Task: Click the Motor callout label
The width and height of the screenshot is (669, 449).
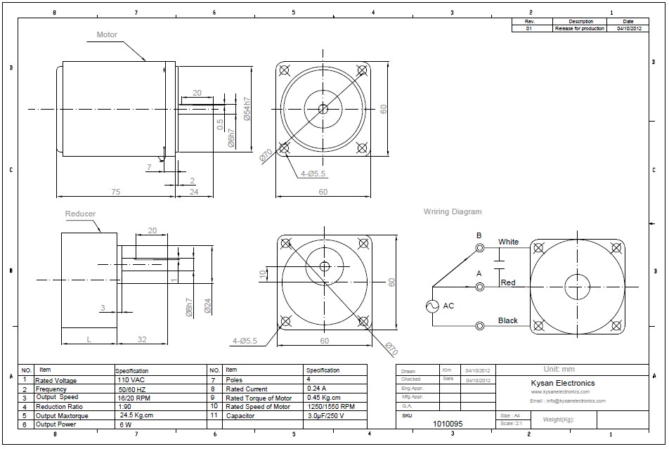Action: click(107, 34)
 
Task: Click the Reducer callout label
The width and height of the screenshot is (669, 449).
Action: click(80, 214)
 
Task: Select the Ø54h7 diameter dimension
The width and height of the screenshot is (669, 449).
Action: click(247, 109)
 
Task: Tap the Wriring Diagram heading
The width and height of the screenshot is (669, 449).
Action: click(453, 212)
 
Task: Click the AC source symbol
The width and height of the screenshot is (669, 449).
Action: click(432, 306)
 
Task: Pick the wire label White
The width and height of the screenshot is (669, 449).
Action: click(508, 242)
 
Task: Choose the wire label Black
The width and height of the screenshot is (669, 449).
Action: click(507, 320)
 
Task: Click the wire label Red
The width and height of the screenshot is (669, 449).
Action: click(508, 282)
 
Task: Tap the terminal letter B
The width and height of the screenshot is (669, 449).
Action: click(479, 235)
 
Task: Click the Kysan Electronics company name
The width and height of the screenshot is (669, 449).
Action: click(562, 383)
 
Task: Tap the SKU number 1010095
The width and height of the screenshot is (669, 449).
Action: click(448, 424)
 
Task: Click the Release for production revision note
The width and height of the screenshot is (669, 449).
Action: click(579, 29)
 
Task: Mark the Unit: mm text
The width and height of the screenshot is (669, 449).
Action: click(559, 369)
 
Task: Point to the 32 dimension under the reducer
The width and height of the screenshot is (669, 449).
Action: click(143, 339)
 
